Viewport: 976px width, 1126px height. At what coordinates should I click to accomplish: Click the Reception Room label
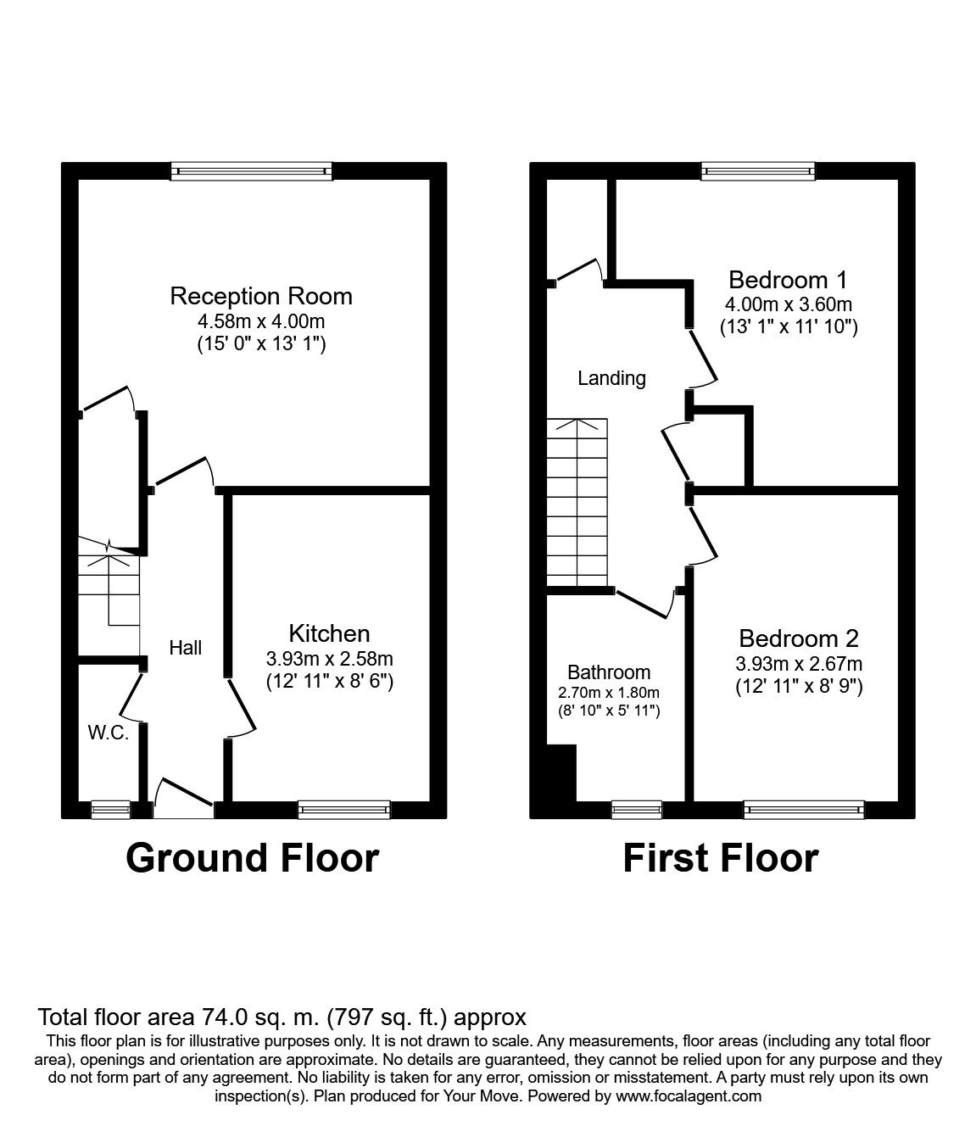261,297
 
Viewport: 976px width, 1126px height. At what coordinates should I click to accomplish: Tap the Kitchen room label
329,633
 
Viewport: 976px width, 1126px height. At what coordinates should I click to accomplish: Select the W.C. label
109,733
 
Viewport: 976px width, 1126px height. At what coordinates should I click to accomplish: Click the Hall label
185,648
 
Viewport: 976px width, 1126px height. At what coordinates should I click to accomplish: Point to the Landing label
611,378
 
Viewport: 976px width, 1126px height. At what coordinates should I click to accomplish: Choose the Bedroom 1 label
788,280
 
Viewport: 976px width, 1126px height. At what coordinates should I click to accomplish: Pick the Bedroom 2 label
799,638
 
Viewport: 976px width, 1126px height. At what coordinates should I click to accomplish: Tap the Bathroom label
609,672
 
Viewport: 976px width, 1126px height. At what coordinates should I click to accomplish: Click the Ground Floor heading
252,858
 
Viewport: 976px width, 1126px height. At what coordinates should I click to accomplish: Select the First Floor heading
720,858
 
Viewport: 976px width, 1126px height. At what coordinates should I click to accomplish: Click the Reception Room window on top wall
251,171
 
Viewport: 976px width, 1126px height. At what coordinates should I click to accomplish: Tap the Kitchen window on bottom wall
343,810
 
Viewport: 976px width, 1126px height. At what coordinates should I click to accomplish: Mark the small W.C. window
111,810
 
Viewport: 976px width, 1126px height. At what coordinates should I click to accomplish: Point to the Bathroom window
637,810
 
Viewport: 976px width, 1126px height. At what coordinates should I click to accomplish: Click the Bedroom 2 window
804,810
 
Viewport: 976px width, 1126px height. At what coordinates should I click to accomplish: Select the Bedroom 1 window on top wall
758,171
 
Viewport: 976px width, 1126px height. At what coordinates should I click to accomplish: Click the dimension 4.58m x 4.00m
261,322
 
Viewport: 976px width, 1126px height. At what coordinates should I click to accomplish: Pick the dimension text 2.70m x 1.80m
609,693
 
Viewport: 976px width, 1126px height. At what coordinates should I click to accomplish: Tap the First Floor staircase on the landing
577,501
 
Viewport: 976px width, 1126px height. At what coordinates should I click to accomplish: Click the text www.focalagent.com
689,1096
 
